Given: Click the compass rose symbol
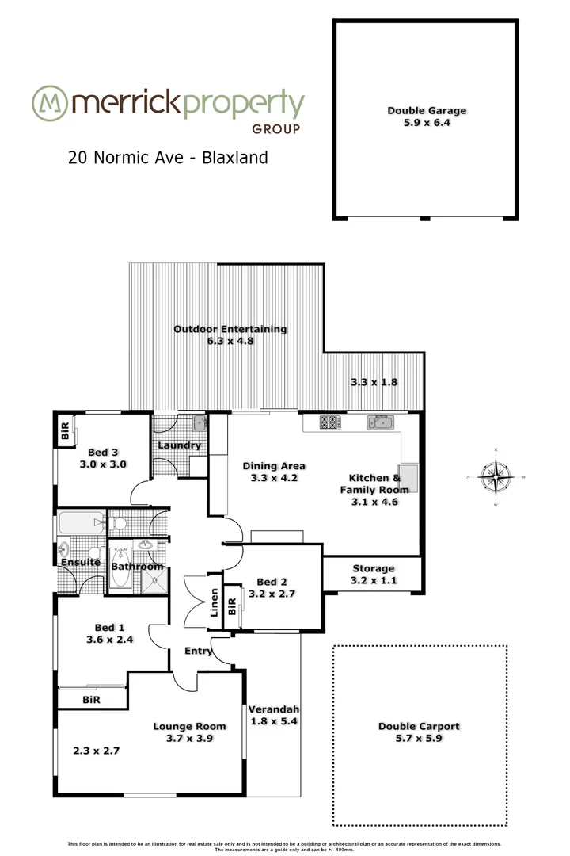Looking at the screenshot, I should point(496,477).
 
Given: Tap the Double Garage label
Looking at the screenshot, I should point(427,111).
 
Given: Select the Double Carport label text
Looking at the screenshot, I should point(419,726).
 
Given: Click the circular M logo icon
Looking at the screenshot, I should point(48,102).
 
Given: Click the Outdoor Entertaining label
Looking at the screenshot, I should point(230,330).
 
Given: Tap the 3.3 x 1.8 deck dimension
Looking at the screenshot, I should point(374,382).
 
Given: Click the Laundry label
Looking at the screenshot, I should point(179,445).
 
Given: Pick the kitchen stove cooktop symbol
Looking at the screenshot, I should point(330,422).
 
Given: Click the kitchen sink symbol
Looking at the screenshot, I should point(379,422).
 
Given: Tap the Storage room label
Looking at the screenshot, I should point(373,568).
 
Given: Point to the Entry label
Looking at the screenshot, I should point(198,651).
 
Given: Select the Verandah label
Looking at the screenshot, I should point(273,709).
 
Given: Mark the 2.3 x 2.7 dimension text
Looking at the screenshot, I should point(95,751).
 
